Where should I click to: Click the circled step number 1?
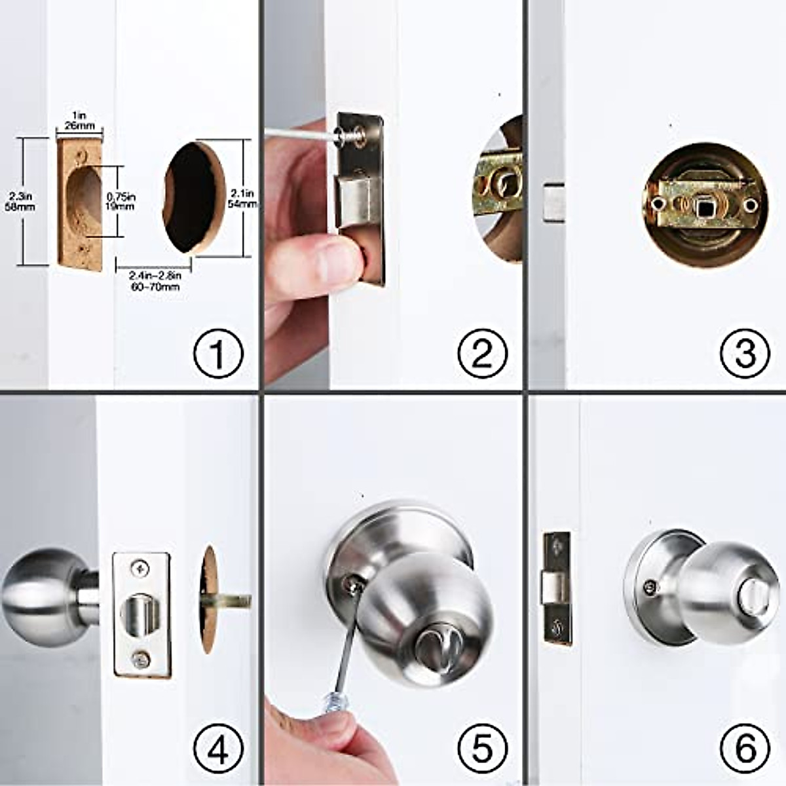(218, 354)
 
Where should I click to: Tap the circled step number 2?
(482, 354)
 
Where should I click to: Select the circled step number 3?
(745, 354)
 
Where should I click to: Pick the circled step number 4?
(218, 748)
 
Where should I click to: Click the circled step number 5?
(482, 748)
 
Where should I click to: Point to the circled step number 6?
(745, 748)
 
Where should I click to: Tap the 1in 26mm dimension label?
(79, 120)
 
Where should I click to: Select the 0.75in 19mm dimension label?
(121, 200)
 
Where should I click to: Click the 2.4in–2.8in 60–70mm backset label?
(155, 282)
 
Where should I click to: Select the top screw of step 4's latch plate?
(140, 568)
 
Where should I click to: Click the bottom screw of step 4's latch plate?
(140, 659)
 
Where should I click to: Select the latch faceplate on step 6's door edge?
(556, 588)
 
